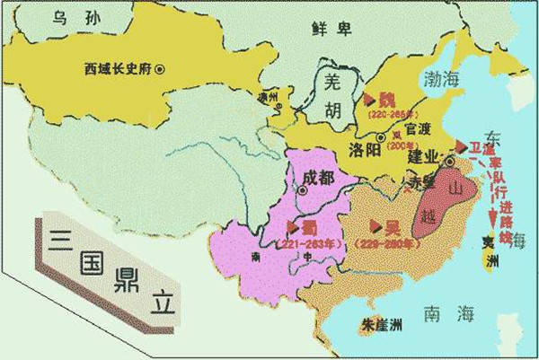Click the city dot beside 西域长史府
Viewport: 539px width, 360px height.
click(159, 69)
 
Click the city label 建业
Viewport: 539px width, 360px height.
click(423, 158)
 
